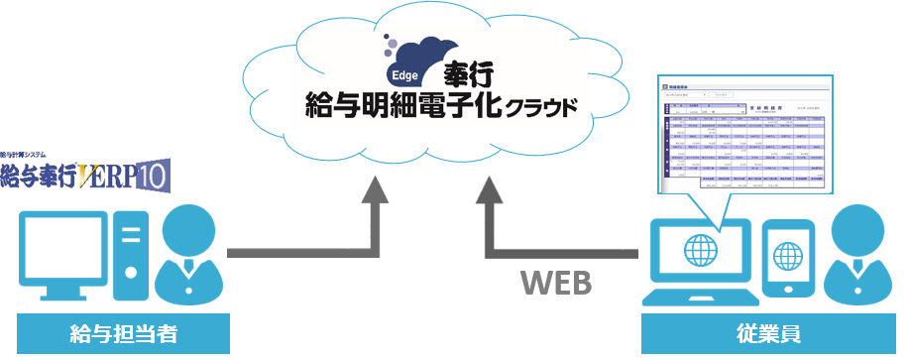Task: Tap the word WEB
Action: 556,283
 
